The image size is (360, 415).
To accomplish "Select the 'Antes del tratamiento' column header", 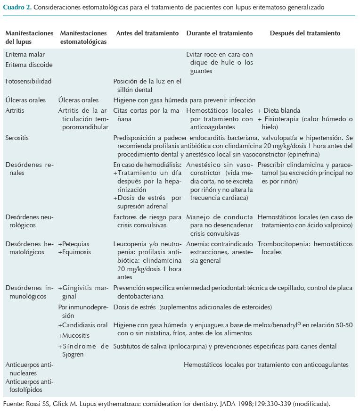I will [x=147, y=33].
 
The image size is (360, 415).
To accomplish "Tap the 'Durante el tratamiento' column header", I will [x=220, y=33].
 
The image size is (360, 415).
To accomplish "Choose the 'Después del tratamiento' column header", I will [x=305, y=33].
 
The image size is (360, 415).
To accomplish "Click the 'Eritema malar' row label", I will [x=25, y=55].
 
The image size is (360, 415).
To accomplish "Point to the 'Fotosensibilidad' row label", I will [x=28, y=82].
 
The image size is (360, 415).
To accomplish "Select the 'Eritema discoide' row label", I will [x=29, y=65].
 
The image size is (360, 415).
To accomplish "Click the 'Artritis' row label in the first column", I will [x=15, y=110].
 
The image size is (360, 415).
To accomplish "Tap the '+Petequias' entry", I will [x=74, y=244].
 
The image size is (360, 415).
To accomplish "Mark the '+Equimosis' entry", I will [x=74, y=252].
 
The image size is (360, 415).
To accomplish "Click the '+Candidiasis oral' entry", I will [x=83, y=325].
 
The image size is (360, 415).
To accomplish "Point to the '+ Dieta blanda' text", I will [x=278, y=110].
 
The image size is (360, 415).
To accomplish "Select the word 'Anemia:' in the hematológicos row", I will [x=197, y=244].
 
